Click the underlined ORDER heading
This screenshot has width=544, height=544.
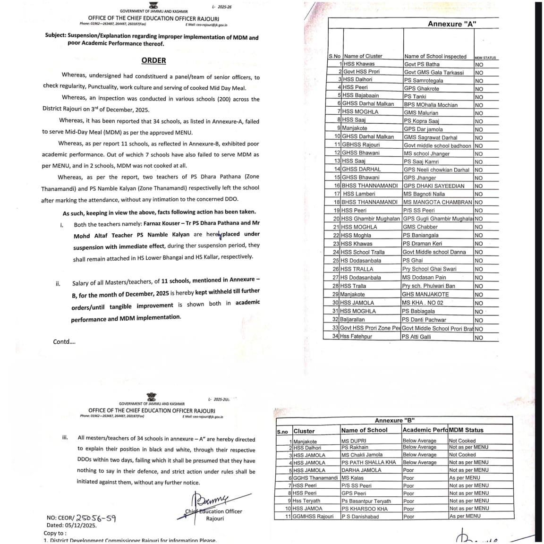tap(153, 60)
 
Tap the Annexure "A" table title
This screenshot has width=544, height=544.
tap(452, 24)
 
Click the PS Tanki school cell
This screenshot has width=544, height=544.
tap(415, 96)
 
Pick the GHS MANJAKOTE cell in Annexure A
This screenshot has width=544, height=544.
tap(425, 294)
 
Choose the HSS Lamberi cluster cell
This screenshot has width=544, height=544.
tap(359, 194)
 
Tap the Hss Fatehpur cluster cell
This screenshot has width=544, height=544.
tap(356, 337)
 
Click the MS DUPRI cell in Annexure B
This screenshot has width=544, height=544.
tap(354, 441)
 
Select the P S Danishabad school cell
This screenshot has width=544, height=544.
tap(360, 516)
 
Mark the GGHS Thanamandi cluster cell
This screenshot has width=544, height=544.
tap(315, 478)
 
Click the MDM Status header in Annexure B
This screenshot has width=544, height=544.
tap(466, 430)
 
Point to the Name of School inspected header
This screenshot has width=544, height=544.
tap(435, 56)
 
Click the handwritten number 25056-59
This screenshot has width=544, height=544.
tap(96, 518)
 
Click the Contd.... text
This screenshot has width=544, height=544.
tap(64, 341)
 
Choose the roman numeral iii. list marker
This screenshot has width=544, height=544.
tap(65, 437)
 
